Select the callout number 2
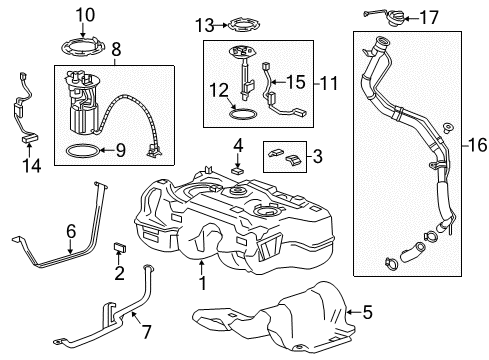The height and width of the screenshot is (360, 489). click(x=119, y=273)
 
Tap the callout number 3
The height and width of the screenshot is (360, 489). click(x=317, y=157)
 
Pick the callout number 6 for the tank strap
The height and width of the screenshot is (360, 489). click(x=69, y=232)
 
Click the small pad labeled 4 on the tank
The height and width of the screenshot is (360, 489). click(x=237, y=171)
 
